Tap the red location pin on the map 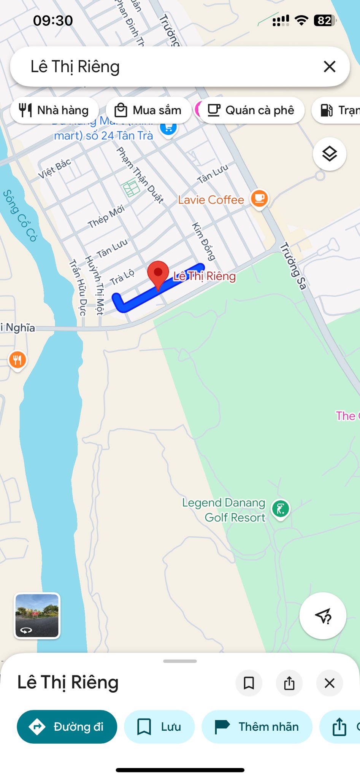tap(158, 273)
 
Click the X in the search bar tap(329, 67)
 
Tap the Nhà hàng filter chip tap(54, 110)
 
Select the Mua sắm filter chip tap(148, 110)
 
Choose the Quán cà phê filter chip tap(251, 110)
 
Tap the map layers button tap(329, 154)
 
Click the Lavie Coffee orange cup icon tap(259, 198)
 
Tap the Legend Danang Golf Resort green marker tap(281, 509)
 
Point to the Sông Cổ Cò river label tap(20, 216)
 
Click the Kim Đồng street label tap(203, 241)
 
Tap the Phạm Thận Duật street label tap(140, 175)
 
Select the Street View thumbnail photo tap(37, 615)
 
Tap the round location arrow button tap(323, 615)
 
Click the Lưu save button tap(159, 727)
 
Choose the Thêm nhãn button tap(257, 727)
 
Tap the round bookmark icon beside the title tap(249, 683)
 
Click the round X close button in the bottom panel tap(330, 683)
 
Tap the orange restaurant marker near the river tap(17, 359)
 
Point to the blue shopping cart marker tap(168, 128)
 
